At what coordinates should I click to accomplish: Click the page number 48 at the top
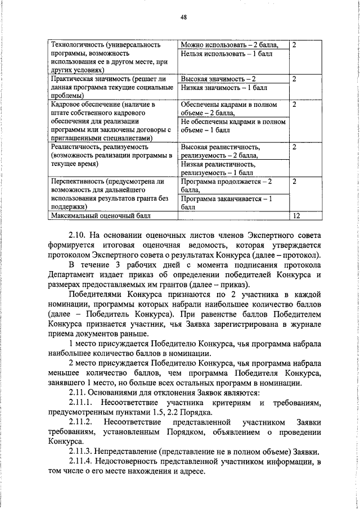point(183,17)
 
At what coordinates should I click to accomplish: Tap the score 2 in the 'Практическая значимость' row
point(295,79)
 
